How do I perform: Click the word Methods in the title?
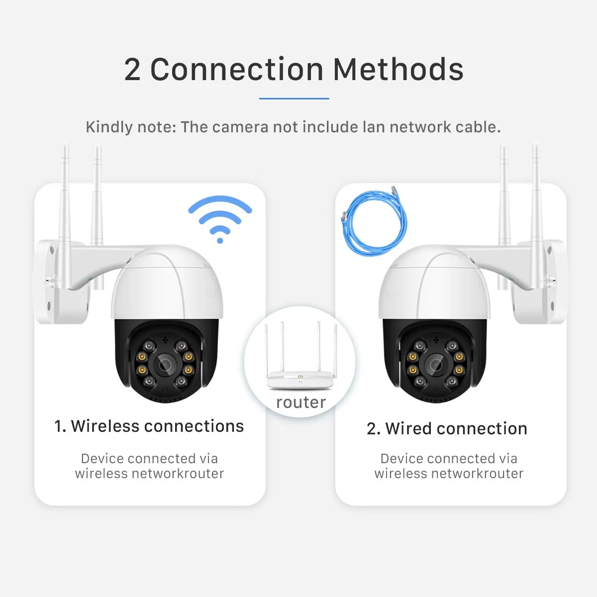click(x=398, y=69)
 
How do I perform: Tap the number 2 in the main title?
click(x=132, y=70)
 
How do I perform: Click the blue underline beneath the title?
click(x=294, y=99)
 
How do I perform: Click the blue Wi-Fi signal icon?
click(x=220, y=219)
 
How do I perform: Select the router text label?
click(x=301, y=402)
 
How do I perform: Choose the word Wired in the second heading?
click(x=408, y=429)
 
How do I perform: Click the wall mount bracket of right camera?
click(x=540, y=284)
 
